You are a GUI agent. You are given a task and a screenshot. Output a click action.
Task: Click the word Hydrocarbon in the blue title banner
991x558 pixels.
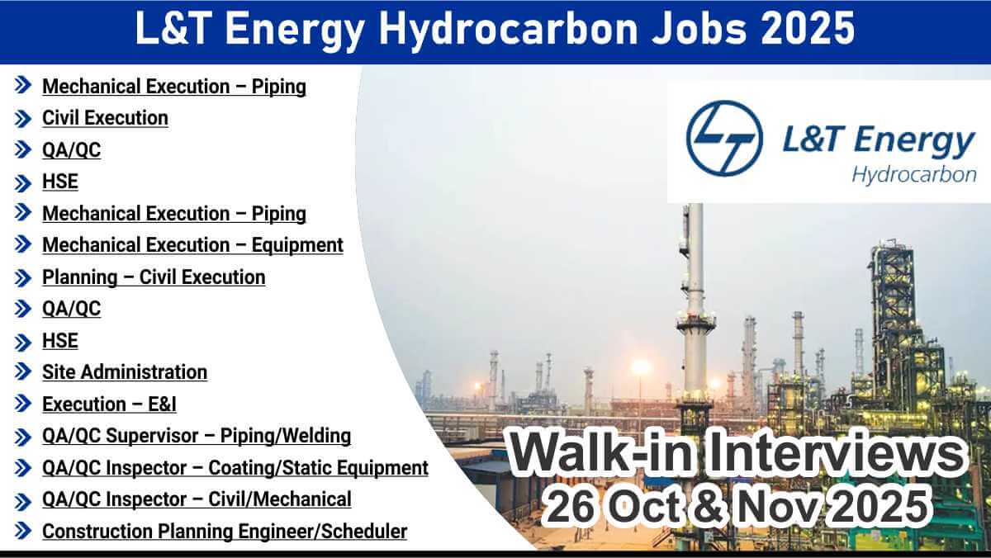(x=507, y=29)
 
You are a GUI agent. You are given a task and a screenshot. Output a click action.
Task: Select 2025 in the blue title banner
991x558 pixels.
(x=808, y=28)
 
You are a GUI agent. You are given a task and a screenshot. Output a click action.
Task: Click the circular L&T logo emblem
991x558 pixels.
(x=724, y=138)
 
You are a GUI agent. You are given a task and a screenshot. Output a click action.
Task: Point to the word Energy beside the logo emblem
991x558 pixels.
(x=914, y=140)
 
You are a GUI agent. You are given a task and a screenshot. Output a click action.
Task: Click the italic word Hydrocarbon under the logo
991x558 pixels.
(x=914, y=175)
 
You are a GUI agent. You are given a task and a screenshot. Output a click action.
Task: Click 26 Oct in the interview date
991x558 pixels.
(x=613, y=507)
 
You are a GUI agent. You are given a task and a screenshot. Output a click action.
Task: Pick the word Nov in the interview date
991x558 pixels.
(x=777, y=507)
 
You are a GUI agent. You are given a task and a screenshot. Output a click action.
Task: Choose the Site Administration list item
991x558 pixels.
(x=125, y=372)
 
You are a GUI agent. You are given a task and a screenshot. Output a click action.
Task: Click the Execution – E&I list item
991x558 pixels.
(x=109, y=404)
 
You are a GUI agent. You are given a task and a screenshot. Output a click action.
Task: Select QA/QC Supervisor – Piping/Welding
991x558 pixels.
(x=197, y=436)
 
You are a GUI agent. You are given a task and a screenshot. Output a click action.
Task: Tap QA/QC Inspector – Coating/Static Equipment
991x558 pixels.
(x=235, y=468)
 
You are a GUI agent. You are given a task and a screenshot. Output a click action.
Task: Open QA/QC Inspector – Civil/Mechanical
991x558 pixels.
(x=197, y=499)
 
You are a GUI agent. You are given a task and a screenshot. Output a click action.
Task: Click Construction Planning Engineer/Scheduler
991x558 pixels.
(x=225, y=532)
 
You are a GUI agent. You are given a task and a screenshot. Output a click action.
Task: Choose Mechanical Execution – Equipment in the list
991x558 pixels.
(x=192, y=245)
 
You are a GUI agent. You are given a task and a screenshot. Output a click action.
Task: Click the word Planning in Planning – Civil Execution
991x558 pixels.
(x=79, y=277)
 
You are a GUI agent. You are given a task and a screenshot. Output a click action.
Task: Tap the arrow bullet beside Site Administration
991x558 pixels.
(x=23, y=371)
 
